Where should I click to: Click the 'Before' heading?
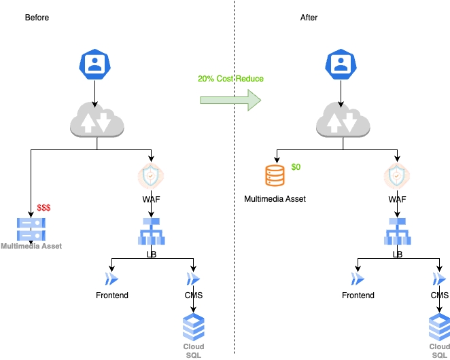pos(37,17)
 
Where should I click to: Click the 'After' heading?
pos(309,17)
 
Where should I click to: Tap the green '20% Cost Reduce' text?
pos(230,79)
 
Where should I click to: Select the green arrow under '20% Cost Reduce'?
pos(230,101)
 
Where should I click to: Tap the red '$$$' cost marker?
pos(44,206)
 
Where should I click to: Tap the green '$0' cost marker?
pos(296,166)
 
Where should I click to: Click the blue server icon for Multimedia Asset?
pos(31,229)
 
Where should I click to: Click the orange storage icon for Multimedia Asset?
pos(275,176)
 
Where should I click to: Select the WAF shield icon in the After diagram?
pos(398,177)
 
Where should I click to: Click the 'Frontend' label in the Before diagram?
pos(111,295)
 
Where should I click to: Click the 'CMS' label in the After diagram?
pos(440,295)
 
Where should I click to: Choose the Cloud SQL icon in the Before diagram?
pos(194,327)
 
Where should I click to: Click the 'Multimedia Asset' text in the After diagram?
pos(275,199)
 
